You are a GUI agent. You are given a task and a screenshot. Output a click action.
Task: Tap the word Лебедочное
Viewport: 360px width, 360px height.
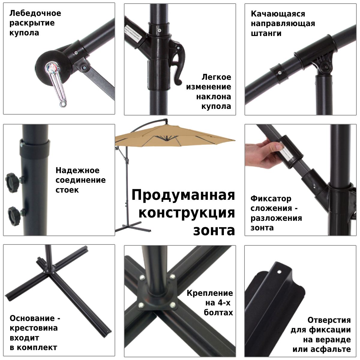pos(35,13)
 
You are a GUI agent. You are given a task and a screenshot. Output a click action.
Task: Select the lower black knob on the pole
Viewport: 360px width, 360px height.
pos(14,214)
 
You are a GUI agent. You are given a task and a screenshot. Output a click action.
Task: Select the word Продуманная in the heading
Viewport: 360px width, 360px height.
pos(183,195)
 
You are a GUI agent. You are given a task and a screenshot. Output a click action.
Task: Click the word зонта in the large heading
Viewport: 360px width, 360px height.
pos(214,230)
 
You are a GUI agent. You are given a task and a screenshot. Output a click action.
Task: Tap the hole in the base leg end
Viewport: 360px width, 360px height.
pos(279,273)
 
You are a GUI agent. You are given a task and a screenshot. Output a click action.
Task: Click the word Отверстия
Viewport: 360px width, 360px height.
pos(329,320)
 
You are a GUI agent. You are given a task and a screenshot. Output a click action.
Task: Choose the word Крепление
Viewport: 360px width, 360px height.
pos(210,293)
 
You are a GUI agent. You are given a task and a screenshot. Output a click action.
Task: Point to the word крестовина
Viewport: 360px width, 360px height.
pos(34,328)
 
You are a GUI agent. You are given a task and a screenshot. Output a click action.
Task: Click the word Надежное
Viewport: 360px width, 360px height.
pos(77,170)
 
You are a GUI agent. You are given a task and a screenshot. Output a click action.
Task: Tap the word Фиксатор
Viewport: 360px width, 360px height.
pos(271,199)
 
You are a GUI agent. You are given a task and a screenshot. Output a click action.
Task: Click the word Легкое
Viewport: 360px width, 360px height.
pos(216,77)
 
